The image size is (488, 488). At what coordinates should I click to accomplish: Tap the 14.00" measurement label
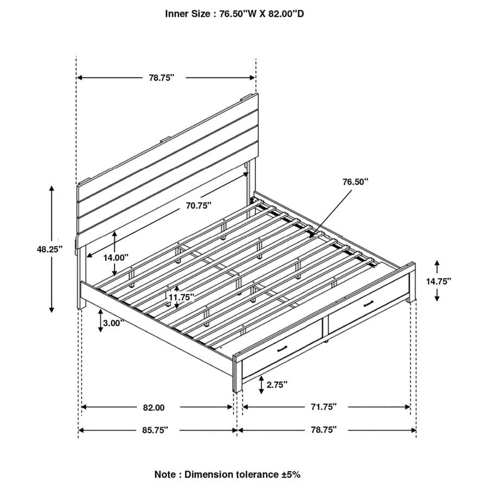coord(115,258)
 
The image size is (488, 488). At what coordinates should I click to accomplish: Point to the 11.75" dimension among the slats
coord(181,297)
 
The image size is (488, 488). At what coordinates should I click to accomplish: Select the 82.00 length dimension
coord(153,407)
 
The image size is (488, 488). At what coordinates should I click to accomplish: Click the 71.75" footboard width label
coord(323,406)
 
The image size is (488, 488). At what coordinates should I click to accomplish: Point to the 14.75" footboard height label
coord(438,281)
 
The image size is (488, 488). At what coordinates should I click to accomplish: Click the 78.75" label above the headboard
coord(161,78)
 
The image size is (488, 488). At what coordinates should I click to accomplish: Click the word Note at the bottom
coord(165,474)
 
